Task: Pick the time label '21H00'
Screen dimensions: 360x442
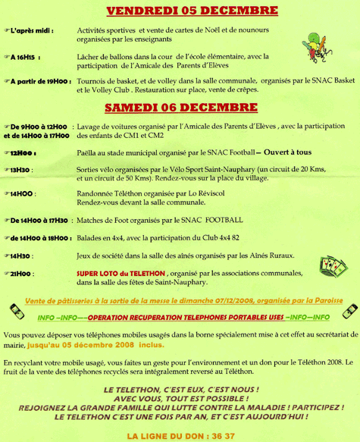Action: (x=24, y=272)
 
